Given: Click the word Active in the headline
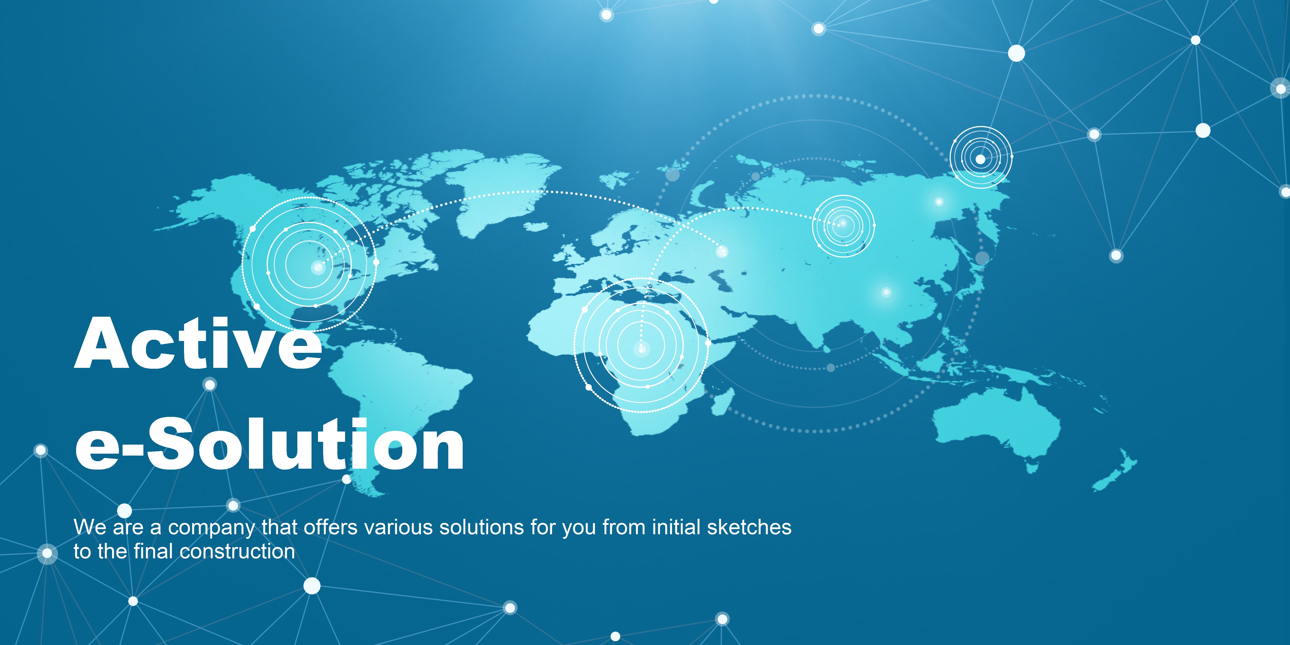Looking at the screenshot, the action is pyautogui.click(x=198, y=344).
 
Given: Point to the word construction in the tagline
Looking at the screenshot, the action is pyautogui.click(x=237, y=551).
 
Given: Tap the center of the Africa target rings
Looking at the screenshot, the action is pyautogui.click(x=642, y=349).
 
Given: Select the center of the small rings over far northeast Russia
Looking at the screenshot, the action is pyautogui.click(x=981, y=159).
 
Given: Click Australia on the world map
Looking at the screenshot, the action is pyautogui.click(x=997, y=426).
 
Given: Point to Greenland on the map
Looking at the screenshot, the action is pyautogui.click(x=501, y=190).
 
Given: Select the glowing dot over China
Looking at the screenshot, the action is pyautogui.click(x=886, y=292).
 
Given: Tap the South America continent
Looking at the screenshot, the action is pyautogui.click(x=396, y=401).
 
